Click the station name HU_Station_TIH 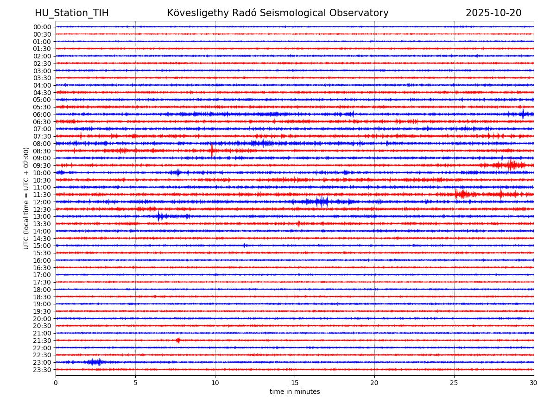(x=72, y=13)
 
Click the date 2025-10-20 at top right (x=493, y=13)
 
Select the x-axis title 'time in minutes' (x=295, y=392)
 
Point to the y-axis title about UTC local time (x=27, y=198)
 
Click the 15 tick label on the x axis (x=295, y=383)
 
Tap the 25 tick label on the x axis (x=454, y=383)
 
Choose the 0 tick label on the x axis (x=56, y=383)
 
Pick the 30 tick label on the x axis (x=534, y=383)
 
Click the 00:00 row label (x=42, y=27)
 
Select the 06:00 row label (x=42, y=114)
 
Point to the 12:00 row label (x=42, y=202)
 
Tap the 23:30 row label (x=42, y=370)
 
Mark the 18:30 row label (x=42, y=297)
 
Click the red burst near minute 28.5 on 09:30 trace (x=511, y=165)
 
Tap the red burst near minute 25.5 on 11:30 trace (x=461, y=194)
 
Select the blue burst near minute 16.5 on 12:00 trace (x=321, y=202)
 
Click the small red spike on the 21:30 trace (x=178, y=340)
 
